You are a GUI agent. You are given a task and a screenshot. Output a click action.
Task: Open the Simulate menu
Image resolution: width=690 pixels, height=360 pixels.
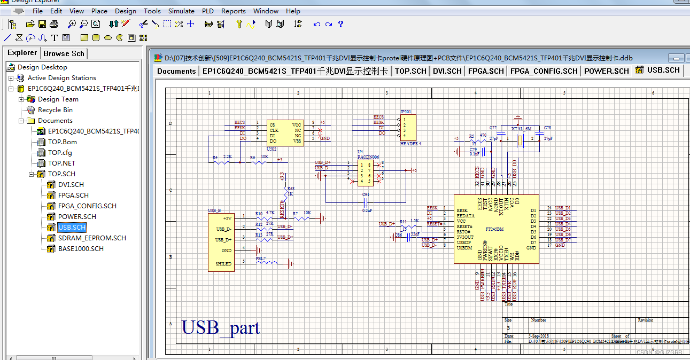181,11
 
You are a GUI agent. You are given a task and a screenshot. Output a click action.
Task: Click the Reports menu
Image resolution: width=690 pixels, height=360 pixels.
233,11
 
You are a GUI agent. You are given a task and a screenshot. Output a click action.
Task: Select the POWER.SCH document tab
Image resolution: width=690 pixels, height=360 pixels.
606,71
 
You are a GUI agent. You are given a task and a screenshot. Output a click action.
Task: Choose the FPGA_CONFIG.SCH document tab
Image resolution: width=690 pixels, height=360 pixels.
544,71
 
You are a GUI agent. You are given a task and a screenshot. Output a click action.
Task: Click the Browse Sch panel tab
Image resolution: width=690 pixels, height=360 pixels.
64,53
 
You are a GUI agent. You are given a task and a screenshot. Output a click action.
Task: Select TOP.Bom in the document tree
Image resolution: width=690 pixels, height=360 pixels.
62,142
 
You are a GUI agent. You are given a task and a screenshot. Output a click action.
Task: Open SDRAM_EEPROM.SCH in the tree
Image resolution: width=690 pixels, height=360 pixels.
92,238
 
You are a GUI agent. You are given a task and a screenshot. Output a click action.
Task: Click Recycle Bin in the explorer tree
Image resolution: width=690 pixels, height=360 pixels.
55,110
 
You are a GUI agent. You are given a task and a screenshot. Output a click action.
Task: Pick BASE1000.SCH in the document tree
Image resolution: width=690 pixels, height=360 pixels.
81,249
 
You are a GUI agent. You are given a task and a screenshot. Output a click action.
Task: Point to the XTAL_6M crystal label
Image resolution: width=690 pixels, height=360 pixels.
521,129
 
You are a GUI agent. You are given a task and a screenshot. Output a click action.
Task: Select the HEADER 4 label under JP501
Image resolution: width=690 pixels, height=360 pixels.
410,144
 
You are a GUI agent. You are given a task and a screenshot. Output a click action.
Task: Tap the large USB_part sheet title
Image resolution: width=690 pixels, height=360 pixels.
220,327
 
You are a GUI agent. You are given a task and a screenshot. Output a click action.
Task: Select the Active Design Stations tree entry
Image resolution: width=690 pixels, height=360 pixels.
61,78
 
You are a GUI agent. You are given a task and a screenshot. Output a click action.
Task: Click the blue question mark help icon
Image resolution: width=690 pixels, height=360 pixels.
340,24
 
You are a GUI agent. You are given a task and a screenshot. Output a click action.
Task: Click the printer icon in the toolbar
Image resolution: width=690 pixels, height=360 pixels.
54,24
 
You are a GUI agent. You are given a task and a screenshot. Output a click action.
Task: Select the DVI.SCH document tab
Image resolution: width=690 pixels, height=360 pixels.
447,71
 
